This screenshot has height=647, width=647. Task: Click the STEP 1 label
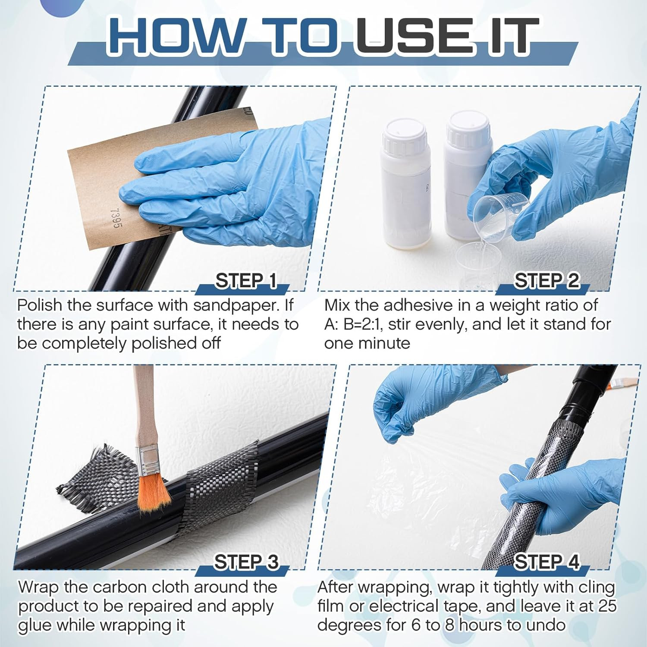246,281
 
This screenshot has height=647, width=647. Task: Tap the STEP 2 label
546,281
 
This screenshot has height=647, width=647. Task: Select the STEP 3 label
246,562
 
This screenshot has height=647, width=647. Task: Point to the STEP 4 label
546,562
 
